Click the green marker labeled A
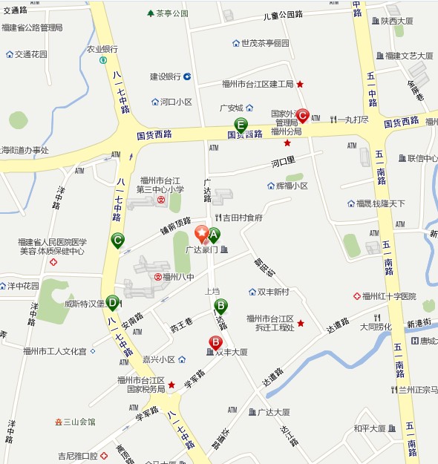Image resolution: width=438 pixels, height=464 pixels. tap(214, 235)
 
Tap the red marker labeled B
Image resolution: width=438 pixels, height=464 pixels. tap(215, 342)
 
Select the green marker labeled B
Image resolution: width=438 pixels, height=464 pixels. tap(220, 305)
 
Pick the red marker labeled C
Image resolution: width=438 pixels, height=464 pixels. tap(302, 115)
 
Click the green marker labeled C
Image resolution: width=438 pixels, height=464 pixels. tap(117, 240)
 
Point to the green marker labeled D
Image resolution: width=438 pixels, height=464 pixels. tap(112, 302)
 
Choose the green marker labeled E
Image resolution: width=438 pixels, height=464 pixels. tap(241, 125)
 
